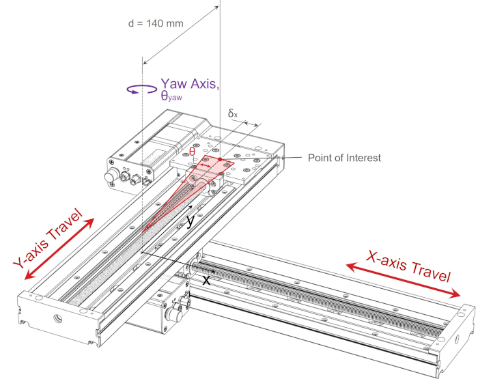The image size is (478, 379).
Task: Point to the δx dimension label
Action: pyautogui.click(x=233, y=114)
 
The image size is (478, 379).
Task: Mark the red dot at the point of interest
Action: pyautogui.click(x=220, y=159)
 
